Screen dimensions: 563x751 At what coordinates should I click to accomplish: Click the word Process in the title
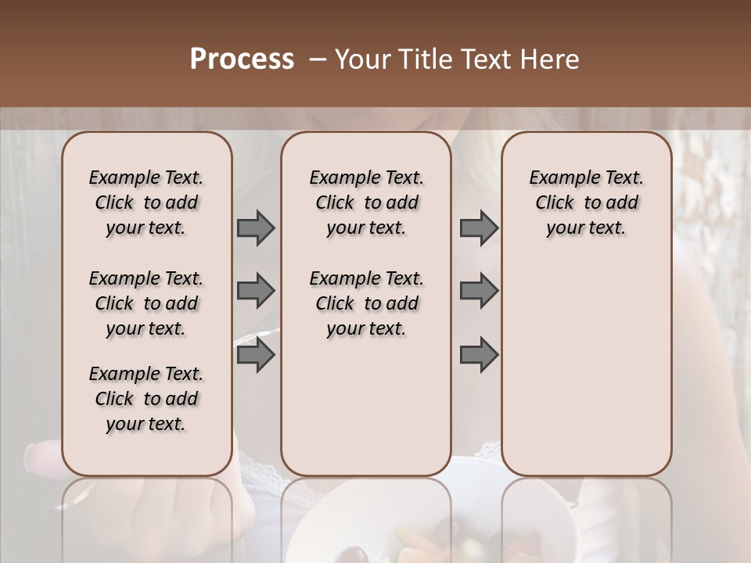coord(242,59)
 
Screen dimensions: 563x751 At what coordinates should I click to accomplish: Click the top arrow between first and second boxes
coord(256,228)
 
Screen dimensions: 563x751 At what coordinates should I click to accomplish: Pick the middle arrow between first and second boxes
coord(256,291)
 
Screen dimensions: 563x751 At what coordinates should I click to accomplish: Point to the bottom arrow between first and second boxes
coord(256,356)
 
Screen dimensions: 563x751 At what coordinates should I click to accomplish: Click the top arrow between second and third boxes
coord(479,228)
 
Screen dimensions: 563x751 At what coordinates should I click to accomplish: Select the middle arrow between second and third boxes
coord(479,291)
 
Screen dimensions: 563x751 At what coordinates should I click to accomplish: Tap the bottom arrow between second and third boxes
coord(479,356)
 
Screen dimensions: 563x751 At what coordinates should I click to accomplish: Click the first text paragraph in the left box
coord(146,203)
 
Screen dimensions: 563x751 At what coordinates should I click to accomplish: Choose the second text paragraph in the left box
coord(146,303)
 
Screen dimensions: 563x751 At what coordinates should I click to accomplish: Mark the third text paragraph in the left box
coord(146,399)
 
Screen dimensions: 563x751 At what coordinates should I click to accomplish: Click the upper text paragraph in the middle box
coord(366,203)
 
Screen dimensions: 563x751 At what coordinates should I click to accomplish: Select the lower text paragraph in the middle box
coord(366,303)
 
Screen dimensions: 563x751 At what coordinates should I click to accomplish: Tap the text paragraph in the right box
coord(586,203)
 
